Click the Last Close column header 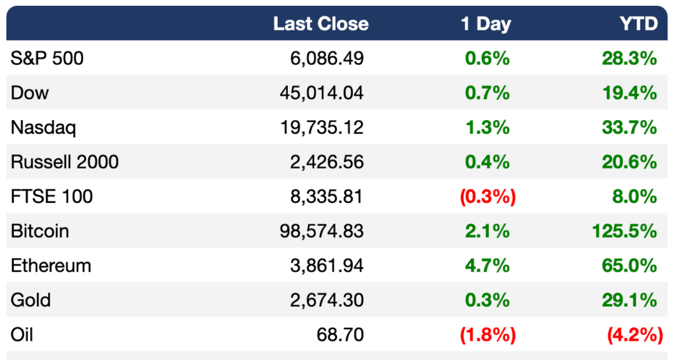tap(320, 24)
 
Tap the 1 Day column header tap(486, 24)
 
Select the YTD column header tap(639, 24)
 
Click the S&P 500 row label tap(47, 58)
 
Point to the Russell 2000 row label tap(64, 161)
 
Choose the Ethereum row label tap(50, 266)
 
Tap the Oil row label tap(22, 334)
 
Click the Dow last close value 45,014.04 tap(322, 93)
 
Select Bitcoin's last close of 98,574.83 tap(322, 231)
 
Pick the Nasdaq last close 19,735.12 tap(322, 127)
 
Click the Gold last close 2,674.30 tap(327, 300)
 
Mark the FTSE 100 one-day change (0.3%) tap(488, 197)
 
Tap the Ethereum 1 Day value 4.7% tap(488, 266)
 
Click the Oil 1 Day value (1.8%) tap(488, 334)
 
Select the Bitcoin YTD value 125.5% tap(625, 231)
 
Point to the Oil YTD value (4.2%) tap(635, 334)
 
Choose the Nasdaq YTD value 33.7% tap(629, 127)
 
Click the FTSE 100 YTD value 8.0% tap(634, 197)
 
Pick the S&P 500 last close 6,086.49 tap(327, 58)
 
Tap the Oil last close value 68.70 tap(340, 334)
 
